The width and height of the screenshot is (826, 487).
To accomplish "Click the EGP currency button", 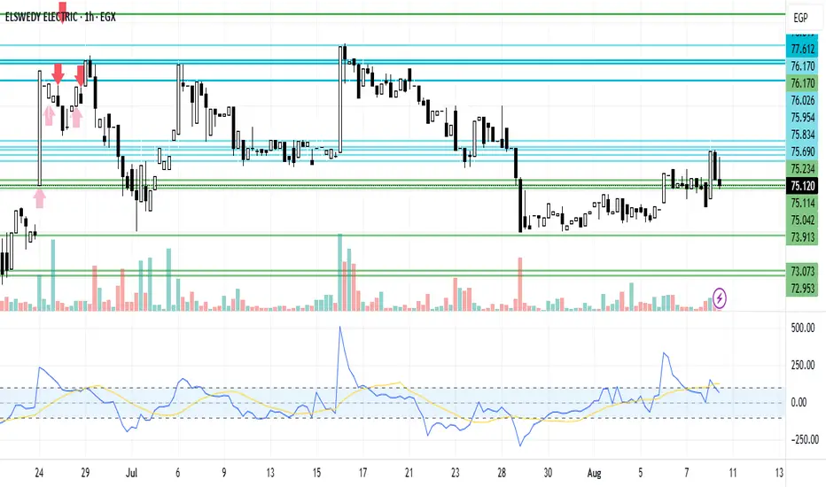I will click(x=800, y=18).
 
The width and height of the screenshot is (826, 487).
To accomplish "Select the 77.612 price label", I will click(x=802, y=49).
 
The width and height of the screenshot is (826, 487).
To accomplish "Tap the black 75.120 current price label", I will click(x=802, y=186).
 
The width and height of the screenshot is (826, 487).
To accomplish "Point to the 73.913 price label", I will click(x=802, y=236).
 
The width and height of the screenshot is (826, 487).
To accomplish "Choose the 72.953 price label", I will click(x=802, y=288).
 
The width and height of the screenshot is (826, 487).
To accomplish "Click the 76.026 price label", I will click(x=802, y=101).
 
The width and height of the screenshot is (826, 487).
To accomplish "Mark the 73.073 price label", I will click(x=802, y=271).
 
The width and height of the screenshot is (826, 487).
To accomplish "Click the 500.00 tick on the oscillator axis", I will click(x=801, y=328).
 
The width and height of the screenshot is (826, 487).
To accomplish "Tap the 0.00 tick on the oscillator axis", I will click(x=801, y=402).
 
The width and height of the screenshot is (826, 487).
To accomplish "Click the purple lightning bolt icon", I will click(x=720, y=298).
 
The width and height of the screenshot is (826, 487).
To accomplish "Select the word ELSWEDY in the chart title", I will click(x=33, y=16).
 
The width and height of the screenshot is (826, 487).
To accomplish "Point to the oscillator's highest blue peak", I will click(x=339, y=328).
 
